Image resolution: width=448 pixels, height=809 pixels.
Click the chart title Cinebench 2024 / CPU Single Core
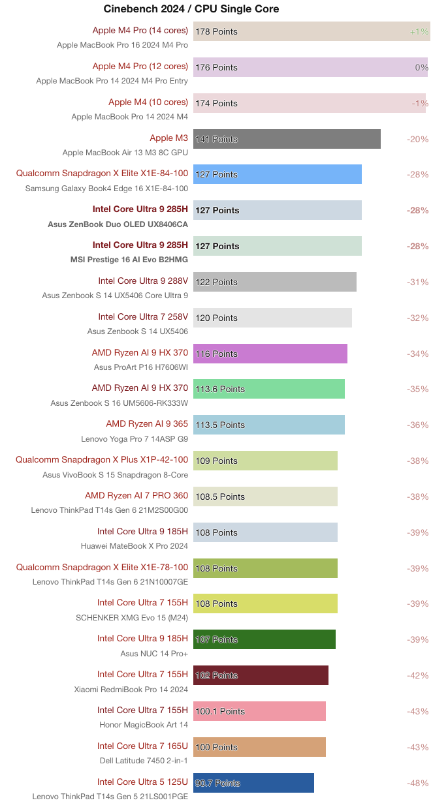(x=191, y=9)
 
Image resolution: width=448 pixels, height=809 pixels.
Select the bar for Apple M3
(x=287, y=139)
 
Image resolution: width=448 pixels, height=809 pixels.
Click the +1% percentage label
(x=419, y=31)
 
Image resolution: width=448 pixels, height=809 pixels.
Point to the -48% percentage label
(x=417, y=783)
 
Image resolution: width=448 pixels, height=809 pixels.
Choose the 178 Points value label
(x=216, y=31)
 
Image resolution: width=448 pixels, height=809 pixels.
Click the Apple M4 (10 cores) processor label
(x=148, y=102)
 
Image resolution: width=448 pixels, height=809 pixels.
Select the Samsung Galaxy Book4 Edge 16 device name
(x=106, y=189)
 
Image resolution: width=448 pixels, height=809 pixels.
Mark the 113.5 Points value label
(x=220, y=425)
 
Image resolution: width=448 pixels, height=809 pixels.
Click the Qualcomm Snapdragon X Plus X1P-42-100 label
(x=102, y=460)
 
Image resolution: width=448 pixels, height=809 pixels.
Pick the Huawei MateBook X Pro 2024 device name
(x=134, y=546)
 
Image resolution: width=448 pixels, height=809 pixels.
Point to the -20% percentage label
(x=417, y=139)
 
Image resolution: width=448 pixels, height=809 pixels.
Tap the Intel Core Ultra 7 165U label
(x=142, y=746)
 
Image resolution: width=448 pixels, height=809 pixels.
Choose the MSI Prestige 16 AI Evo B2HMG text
(x=129, y=260)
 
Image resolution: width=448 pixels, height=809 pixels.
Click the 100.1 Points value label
(x=220, y=711)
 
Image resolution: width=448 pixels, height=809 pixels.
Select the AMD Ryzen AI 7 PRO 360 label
(x=136, y=496)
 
